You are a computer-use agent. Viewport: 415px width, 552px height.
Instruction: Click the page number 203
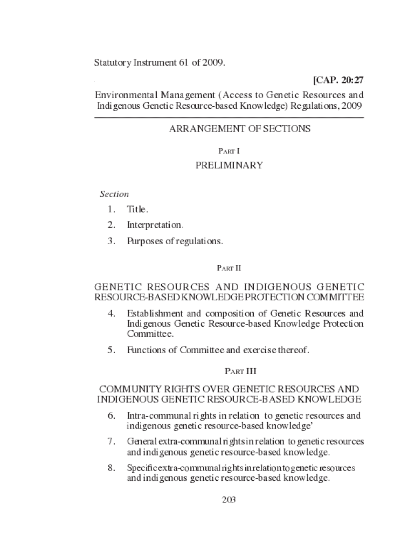pos(229,499)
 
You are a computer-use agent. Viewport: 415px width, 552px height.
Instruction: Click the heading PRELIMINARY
pos(229,165)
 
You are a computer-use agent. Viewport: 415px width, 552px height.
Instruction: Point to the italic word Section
pos(114,194)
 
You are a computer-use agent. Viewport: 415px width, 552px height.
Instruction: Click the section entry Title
pos(137,209)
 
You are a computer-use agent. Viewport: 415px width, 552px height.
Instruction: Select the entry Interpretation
pos(155,225)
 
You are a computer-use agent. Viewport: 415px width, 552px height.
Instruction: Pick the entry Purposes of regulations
pos(175,241)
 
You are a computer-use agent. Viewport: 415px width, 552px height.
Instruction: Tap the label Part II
pos(229,267)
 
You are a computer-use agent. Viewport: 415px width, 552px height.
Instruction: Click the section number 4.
pos(111,313)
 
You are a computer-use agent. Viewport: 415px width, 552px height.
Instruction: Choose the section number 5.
pos(111,350)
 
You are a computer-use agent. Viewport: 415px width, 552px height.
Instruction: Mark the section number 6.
pos(111,416)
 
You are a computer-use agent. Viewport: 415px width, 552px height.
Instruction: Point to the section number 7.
pos(111,441)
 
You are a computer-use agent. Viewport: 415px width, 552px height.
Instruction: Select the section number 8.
pos(111,468)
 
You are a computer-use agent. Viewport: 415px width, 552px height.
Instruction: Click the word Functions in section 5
pos(144,350)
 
